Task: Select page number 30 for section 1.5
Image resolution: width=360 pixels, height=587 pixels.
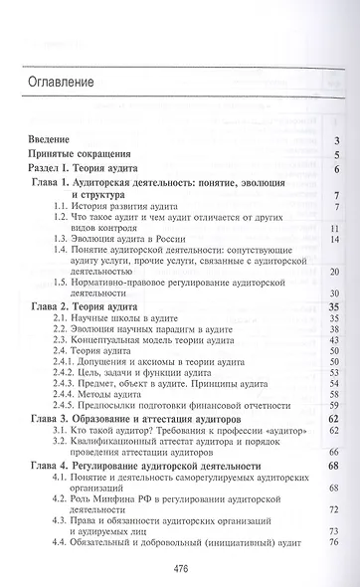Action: click(335, 294)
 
